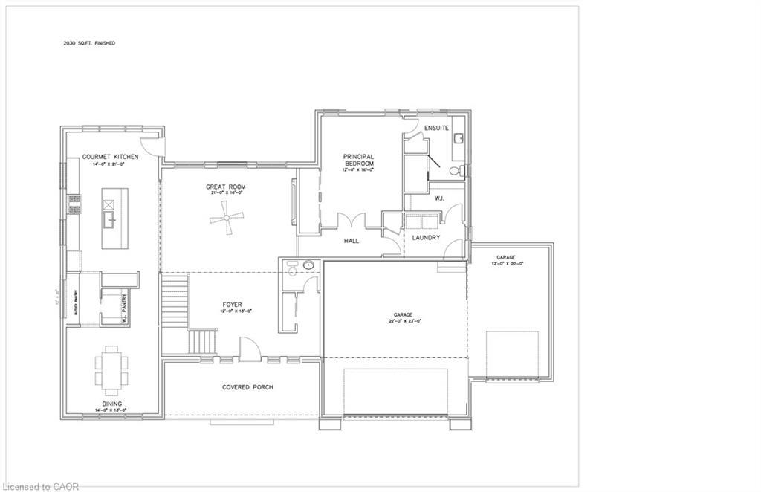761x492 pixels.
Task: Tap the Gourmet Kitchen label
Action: [x=111, y=157]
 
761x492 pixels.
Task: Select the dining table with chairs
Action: [x=111, y=369]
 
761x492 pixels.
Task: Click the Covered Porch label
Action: [x=247, y=387]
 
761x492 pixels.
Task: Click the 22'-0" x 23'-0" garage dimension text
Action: [x=404, y=321]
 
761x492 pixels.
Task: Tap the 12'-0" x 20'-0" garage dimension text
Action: [x=511, y=263]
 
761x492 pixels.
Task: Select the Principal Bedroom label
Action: [x=357, y=160]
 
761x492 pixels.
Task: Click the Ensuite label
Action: [x=436, y=129]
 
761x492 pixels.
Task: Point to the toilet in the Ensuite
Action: [x=462, y=172]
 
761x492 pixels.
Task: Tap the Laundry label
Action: [x=427, y=238]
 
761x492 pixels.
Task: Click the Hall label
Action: [x=352, y=241]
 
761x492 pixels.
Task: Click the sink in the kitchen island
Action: [x=109, y=219]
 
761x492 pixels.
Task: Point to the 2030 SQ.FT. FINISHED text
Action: [x=88, y=43]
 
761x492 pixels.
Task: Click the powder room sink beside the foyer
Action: [x=307, y=265]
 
